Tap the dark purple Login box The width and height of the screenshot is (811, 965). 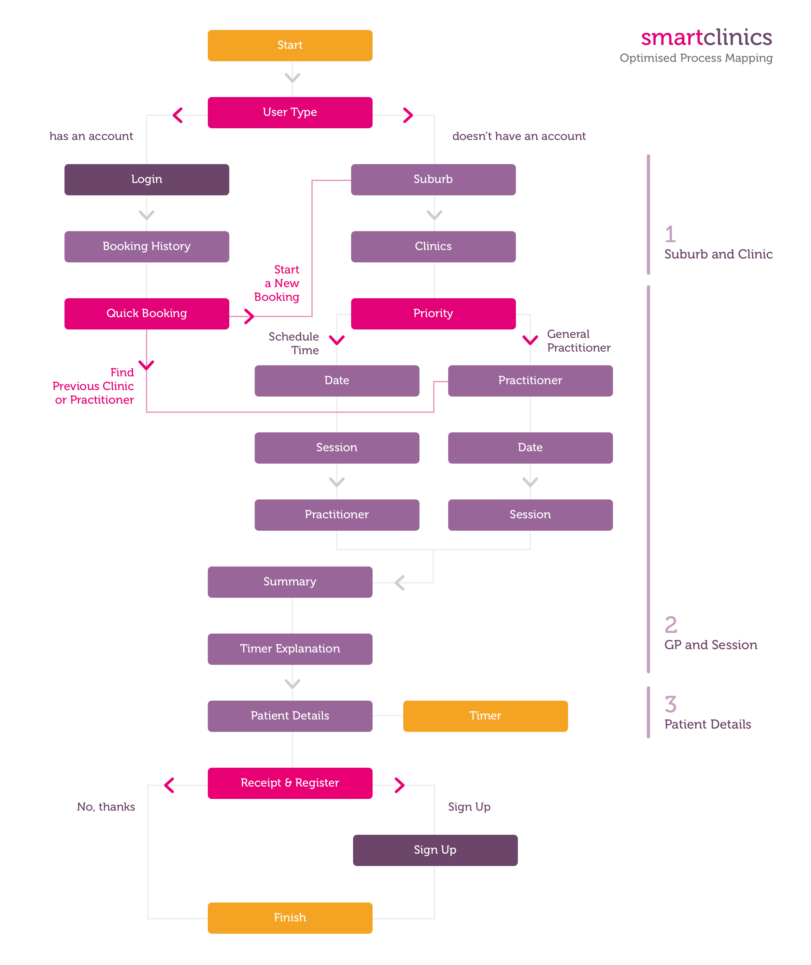147,180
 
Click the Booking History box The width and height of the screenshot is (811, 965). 147,247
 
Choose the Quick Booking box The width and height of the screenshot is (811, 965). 147,314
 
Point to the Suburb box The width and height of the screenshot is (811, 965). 433,180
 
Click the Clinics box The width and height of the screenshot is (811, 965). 433,247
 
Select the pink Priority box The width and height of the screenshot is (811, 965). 433,314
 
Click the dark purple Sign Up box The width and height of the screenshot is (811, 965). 435,851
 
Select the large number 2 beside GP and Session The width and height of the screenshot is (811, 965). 671,625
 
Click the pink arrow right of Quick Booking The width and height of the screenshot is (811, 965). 249,316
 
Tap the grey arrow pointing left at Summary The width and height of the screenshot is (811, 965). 400,583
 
